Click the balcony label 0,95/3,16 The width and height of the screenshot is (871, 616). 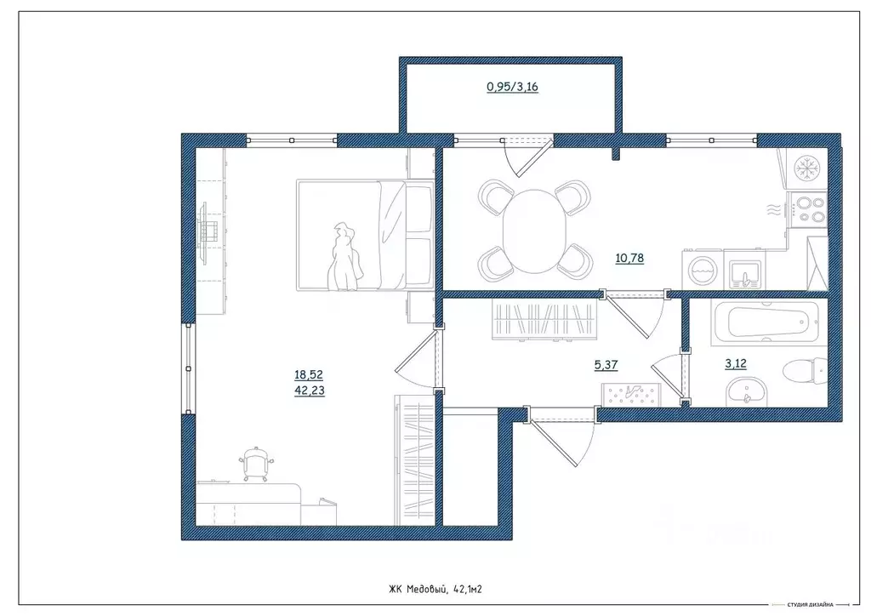click(x=512, y=87)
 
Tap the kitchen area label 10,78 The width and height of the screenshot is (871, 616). click(x=629, y=258)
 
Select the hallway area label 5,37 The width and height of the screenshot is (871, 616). click(x=606, y=365)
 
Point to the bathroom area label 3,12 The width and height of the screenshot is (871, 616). click(x=736, y=364)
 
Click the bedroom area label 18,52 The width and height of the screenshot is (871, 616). click(x=309, y=375)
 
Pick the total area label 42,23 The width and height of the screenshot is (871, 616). click(x=310, y=391)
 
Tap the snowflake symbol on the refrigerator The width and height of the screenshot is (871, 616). click(x=804, y=168)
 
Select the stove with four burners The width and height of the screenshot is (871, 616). click(x=808, y=209)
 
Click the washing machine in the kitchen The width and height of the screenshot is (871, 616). click(x=702, y=271)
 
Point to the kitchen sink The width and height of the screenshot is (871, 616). click(x=744, y=273)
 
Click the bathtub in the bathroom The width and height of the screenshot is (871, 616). click(x=768, y=322)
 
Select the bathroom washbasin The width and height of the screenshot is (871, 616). click(x=745, y=391)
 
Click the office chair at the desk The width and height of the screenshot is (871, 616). click(x=257, y=462)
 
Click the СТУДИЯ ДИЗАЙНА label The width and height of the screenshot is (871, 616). click(x=811, y=604)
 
